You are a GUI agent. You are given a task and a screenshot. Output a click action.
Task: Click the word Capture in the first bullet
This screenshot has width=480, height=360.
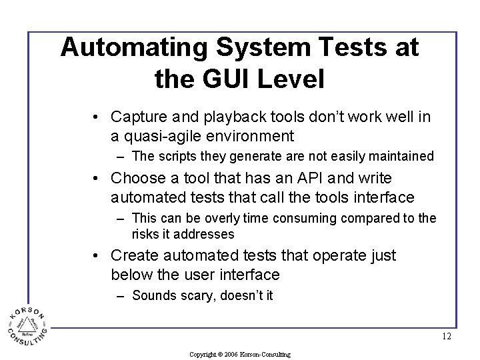click(137, 117)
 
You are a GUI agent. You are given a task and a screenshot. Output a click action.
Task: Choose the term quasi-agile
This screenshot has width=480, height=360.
click(156, 137)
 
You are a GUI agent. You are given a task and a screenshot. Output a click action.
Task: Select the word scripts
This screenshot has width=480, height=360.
click(175, 157)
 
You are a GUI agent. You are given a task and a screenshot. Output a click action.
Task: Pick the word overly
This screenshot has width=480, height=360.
click(232, 218)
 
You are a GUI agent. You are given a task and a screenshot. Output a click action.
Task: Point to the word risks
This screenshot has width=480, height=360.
click(146, 234)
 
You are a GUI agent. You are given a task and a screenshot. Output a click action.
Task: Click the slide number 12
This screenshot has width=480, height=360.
click(446, 337)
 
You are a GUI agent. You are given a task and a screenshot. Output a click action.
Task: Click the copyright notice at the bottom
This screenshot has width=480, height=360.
click(239, 355)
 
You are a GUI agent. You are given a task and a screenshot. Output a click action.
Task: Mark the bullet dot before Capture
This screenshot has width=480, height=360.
click(97, 118)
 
